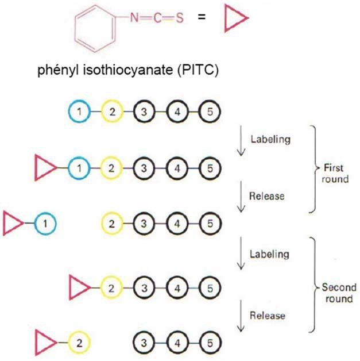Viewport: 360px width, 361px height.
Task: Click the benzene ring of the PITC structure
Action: click(96, 31)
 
